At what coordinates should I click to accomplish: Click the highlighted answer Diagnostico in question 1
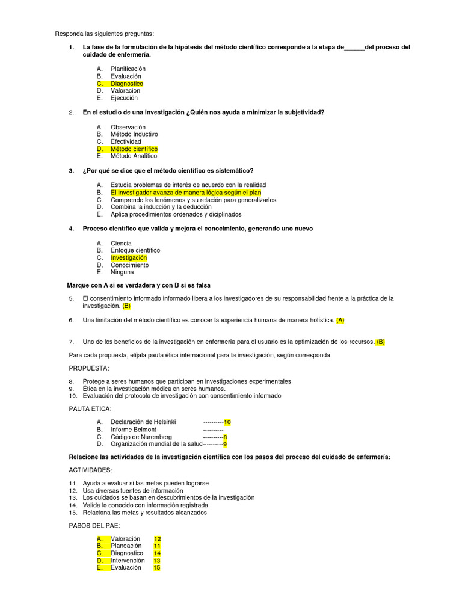pos(126,84)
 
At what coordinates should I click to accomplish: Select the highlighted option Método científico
pos(134,149)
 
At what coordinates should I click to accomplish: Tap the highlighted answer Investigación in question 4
pos(128,257)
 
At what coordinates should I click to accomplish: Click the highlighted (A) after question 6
pos(340,320)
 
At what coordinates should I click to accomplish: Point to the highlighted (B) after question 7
pos(380,342)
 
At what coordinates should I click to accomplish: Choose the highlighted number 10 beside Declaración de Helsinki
pos(227,422)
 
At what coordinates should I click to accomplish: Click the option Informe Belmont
pos(134,430)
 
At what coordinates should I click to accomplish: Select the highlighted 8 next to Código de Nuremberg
pos(225,437)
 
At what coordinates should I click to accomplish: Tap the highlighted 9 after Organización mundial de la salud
pos(225,444)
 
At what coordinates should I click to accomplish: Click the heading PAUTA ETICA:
pos(90,409)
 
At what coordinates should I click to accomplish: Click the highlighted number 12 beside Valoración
pos(158,539)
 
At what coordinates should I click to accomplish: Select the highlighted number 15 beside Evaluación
pos(157,567)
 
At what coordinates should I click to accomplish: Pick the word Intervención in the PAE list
pos(128,561)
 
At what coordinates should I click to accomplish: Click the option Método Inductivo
pos(134,134)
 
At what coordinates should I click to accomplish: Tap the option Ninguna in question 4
pos(122,272)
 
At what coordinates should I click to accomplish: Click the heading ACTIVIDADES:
pos(90,470)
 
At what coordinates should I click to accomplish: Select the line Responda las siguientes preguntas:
pos(104,34)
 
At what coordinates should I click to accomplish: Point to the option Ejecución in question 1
pos(124,98)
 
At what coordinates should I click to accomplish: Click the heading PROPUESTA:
pos(90,368)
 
